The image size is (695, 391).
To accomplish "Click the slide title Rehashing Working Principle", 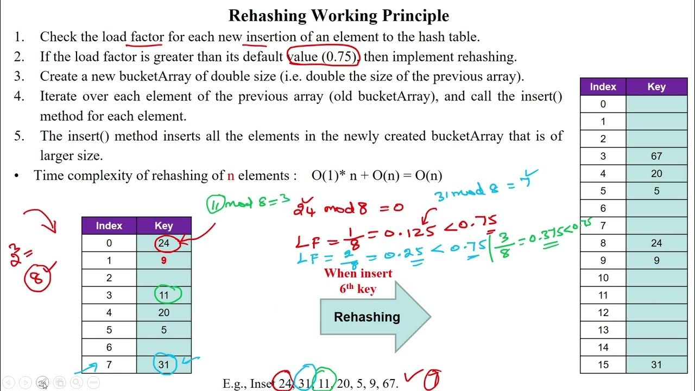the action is (x=338, y=15).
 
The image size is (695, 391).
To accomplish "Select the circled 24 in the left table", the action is (x=163, y=243).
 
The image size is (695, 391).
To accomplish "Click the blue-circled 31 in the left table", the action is (x=163, y=365).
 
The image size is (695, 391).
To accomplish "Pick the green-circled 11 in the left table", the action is (x=163, y=295).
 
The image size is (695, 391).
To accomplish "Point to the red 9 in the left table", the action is (x=163, y=261).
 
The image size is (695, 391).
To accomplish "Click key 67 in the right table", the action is (x=656, y=156).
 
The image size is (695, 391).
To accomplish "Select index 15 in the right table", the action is (x=603, y=365).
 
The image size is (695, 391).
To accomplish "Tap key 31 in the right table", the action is (x=656, y=365).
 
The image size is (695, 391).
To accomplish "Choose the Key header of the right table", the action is (x=656, y=87).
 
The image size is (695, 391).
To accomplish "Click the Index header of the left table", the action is (x=109, y=226).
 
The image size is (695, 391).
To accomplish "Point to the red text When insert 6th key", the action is (x=358, y=281).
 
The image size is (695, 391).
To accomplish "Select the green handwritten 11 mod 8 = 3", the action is (x=242, y=204).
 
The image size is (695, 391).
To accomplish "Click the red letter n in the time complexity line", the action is (x=230, y=175).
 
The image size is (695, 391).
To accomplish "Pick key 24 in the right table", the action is (x=656, y=243).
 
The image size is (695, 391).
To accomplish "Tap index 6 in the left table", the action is (x=109, y=348).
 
